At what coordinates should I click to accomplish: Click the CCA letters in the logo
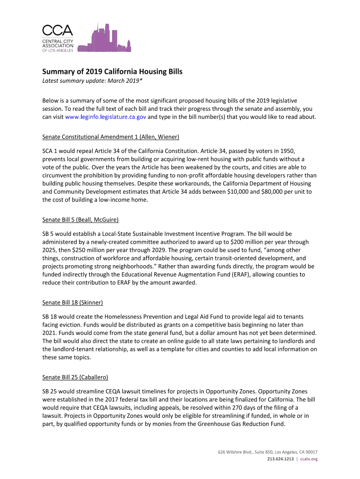(x=58, y=31)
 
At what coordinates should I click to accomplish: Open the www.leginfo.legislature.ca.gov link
(x=102, y=117)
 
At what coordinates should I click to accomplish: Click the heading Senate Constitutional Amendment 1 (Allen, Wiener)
(x=111, y=137)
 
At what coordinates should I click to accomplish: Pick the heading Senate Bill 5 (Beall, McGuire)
(x=80, y=219)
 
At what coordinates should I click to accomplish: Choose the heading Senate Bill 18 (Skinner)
(x=72, y=302)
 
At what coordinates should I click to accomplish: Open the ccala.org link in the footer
(x=308, y=459)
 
